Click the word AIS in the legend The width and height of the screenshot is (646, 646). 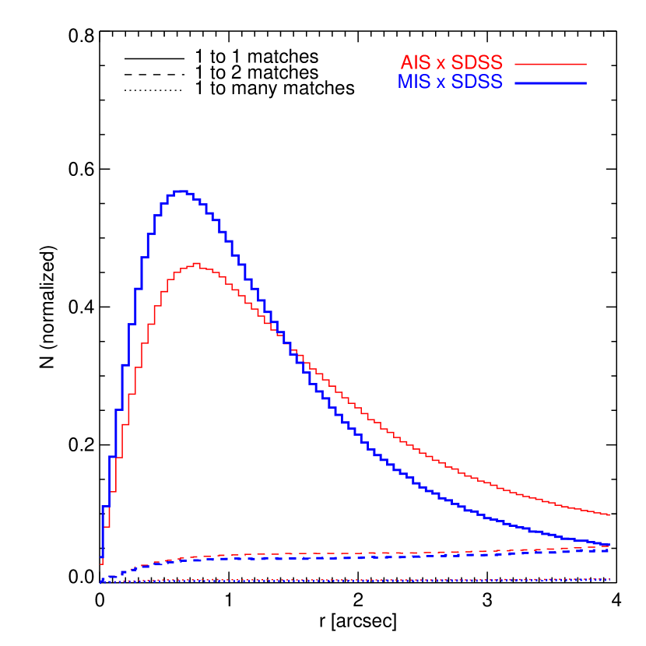pyautogui.click(x=416, y=63)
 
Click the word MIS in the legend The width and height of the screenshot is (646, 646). pyautogui.click(x=414, y=82)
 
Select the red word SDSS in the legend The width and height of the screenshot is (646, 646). pyautogui.click(x=477, y=63)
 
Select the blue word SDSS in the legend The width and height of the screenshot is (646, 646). pyautogui.click(x=477, y=82)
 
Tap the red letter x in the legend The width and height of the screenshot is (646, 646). pyautogui.click(x=441, y=65)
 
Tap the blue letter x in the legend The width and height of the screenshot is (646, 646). pyautogui.click(x=441, y=83)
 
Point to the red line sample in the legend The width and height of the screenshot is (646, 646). pyautogui.click(x=549, y=64)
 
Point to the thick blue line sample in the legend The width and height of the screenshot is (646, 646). pyautogui.click(x=549, y=83)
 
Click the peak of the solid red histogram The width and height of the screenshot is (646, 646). pyautogui.click(x=196, y=264)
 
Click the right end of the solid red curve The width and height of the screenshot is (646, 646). pyautogui.click(x=609, y=514)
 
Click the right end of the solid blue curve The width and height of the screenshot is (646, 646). pyautogui.click(x=609, y=544)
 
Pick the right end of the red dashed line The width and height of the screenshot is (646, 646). pyautogui.click(x=609, y=547)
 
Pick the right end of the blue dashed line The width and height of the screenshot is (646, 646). pyautogui.click(x=609, y=551)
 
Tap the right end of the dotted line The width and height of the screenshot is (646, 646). pyautogui.click(x=609, y=579)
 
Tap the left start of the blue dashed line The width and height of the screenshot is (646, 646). pyautogui.click(x=102, y=579)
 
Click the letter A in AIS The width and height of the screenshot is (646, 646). pyautogui.click(x=406, y=63)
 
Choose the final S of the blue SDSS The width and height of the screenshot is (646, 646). pyautogui.click(x=497, y=82)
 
